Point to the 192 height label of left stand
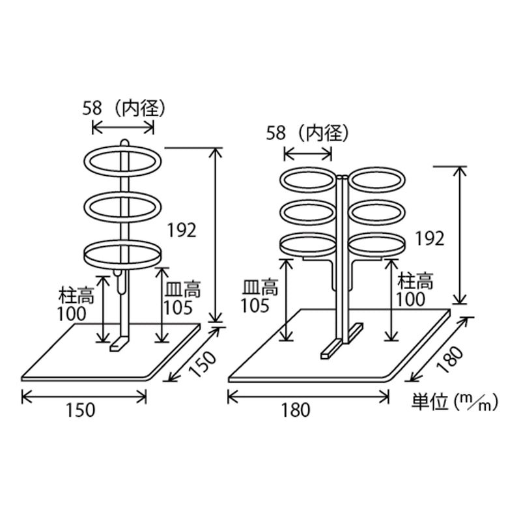click(181, 229)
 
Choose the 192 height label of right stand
click(429, 238)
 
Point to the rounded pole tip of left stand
click(124, 141)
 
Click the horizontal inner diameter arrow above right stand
click(309, 154)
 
